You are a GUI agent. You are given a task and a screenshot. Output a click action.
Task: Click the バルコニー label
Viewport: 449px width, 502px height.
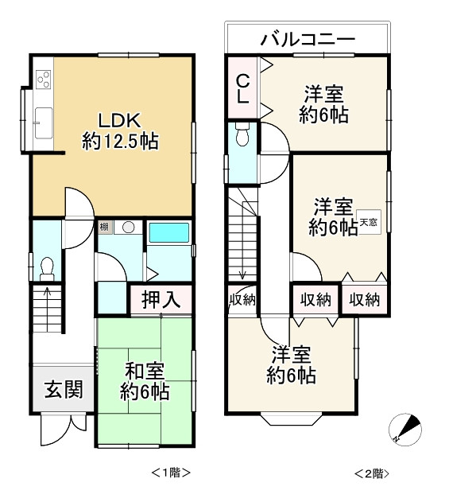(x=308, y=38)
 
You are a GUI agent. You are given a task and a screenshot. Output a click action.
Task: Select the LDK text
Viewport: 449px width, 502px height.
(x=119, y=121)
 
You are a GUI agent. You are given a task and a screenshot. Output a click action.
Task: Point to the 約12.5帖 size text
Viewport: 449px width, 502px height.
(x=121, y=142)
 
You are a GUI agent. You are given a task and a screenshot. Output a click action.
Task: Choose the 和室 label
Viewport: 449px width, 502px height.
(x=145, y=370)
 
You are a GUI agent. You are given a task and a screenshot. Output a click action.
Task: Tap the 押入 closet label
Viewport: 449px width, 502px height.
(x=161, y=300)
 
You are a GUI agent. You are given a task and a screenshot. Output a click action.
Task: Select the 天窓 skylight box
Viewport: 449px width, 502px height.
(x=369, y=224)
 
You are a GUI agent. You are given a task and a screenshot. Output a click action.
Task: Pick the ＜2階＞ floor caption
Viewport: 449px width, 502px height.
(x=372, y=473)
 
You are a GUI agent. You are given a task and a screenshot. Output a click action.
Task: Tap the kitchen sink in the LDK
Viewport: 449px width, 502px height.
(x=43, y=123)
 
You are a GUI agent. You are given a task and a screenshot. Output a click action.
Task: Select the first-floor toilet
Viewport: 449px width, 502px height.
(x=46, y=266)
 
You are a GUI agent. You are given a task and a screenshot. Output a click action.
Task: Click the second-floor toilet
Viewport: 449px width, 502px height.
(x=242, y=138)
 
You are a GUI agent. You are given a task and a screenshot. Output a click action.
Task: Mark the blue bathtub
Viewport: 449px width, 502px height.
(x=168, y=233)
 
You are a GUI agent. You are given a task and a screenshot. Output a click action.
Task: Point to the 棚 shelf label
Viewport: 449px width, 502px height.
(x=104, y=228)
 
